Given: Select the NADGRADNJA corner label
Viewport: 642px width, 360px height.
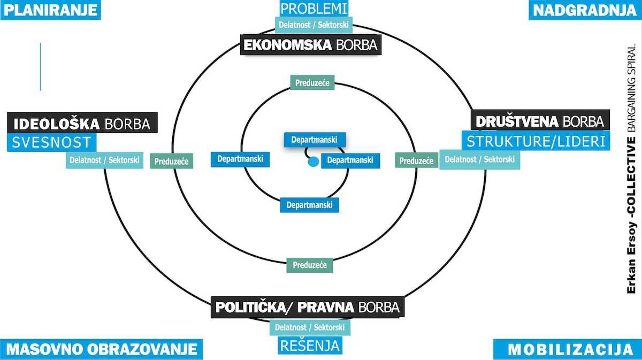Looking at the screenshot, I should pos(585,10).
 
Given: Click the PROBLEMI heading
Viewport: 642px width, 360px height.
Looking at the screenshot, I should pos(314,9).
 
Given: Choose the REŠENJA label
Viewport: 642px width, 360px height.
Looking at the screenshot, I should pos(310,346).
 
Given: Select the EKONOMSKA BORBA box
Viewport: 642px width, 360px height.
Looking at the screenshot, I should pos(311,45).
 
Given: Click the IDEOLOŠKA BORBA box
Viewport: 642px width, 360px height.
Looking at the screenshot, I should pos(82,124).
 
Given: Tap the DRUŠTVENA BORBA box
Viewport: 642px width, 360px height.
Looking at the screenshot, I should pos(539,121).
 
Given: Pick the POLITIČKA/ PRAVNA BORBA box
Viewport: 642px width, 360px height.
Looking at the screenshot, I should pos(307,308).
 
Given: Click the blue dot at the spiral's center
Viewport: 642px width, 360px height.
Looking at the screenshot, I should pos(314,161).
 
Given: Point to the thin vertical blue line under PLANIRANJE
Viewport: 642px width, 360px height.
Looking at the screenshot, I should pos(41,67).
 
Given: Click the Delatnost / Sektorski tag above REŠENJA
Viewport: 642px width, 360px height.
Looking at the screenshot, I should pos(310,327).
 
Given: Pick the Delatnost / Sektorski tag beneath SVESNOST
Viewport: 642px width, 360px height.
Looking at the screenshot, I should pos(104,159).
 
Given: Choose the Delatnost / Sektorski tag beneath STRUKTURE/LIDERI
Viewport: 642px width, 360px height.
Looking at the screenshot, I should pos(479,159).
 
